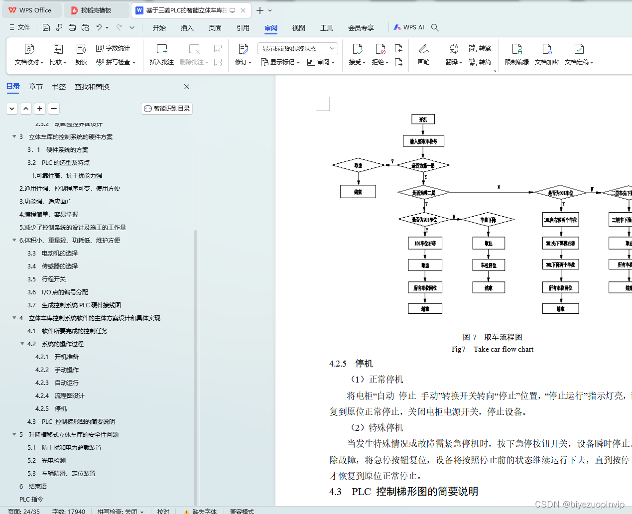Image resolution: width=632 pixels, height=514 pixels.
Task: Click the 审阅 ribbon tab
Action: click(271, 28)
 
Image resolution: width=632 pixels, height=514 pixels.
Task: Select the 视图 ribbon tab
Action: click(298, 28)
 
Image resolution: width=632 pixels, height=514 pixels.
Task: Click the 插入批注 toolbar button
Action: click(162, 54)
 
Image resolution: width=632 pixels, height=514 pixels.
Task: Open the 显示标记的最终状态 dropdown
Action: click(297, 48)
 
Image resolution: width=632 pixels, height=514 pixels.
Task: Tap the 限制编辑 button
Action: click(516, 54)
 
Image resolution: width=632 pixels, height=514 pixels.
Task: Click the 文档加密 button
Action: click(546, 54)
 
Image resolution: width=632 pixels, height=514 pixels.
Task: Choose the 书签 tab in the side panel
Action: click(59, 87)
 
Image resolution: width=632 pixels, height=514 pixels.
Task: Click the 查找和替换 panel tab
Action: click(92, 87)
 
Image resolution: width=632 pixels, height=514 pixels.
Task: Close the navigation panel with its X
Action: click(187, 87)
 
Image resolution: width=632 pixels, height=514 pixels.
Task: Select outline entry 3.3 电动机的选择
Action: click(60, 254)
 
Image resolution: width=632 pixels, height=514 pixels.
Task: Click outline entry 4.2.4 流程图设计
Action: click(69, 396)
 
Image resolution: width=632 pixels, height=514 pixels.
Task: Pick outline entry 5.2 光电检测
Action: click(53, 461)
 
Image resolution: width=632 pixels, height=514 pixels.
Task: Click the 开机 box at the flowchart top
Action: click(423, 120)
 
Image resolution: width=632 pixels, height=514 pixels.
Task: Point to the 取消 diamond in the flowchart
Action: click(358, 165)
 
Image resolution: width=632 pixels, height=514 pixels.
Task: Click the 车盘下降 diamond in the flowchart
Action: click(488, 220)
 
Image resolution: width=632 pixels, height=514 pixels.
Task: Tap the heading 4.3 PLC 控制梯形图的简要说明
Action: click(403, 492)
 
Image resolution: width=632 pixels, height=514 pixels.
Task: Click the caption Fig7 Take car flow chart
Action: click(492, 349)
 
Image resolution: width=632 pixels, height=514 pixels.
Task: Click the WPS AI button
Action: click(409, 27)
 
